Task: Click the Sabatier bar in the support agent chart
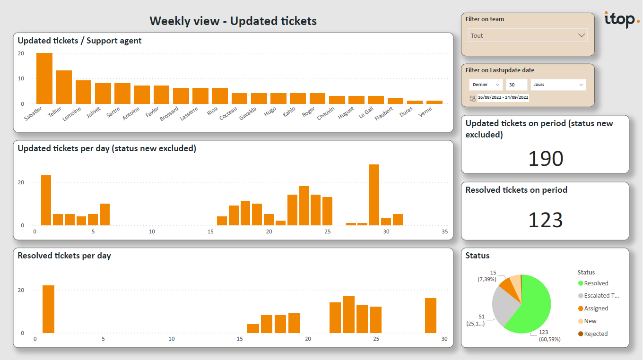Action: click(44, 78)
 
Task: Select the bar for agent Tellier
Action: click(64, 87)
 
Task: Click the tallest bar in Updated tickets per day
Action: click(374, 195)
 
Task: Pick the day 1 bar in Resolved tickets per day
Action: click(48, 309)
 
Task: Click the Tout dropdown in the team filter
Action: click(528, 35)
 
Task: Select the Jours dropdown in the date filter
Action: click(558, 85)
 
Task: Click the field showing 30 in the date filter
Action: click(516, 85)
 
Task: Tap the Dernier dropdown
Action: click(486, 85)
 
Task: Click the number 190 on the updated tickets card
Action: click(546, 159)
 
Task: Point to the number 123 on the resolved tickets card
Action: click(546, 220)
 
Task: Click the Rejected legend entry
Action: click(595, 334)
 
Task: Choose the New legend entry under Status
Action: click(590, 321)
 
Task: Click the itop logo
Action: click(621, 19)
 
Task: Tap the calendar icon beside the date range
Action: click(472, 98)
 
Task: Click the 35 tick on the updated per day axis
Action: click(444, 231)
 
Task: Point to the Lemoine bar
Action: click(83, 92)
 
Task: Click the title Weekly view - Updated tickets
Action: click(233, 21)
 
